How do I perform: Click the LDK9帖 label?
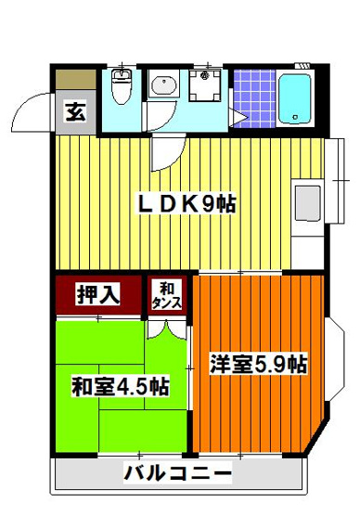coord(186,202)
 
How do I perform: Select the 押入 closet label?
coord(98,295)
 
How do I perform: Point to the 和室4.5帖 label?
coord(120,386)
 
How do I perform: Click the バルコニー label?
coord(179,476)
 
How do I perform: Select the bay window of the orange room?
coord(332,363)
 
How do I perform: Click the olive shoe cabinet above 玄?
coord(75,81)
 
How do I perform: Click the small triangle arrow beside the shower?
coord(238,116)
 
